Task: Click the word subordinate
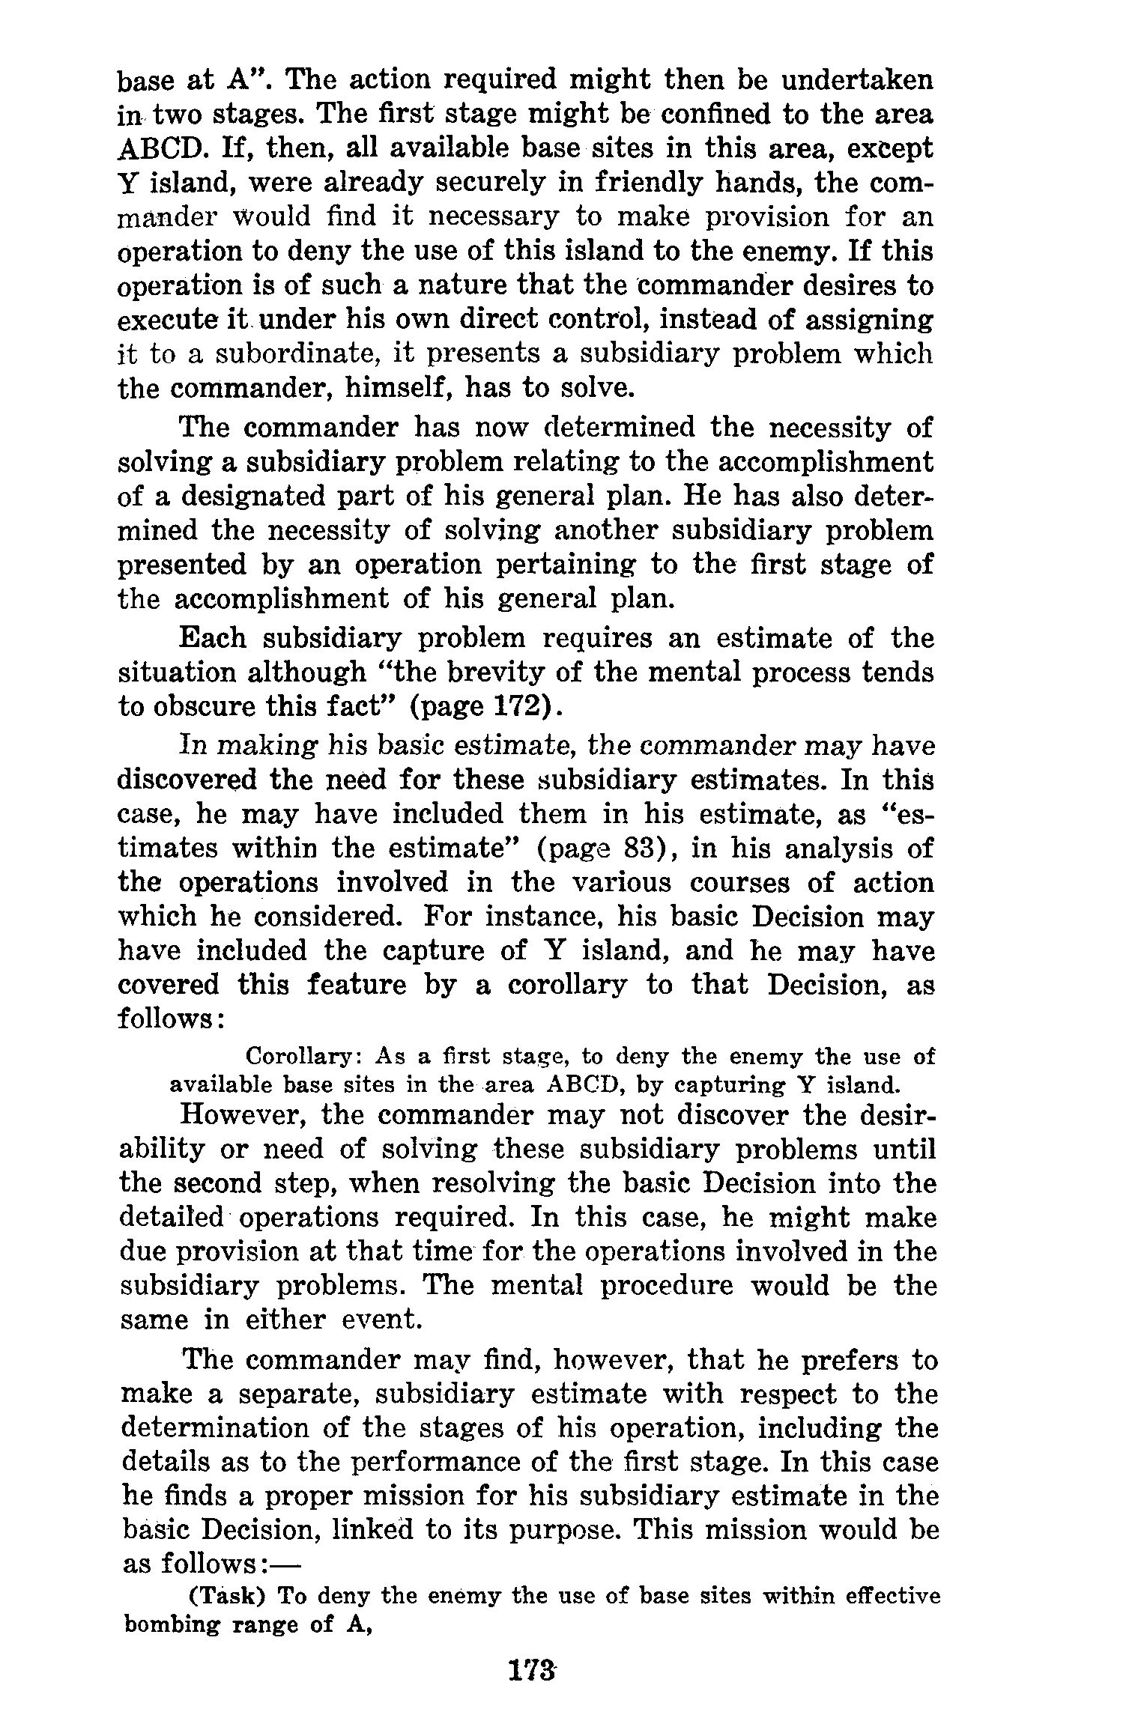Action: (297, 354)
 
